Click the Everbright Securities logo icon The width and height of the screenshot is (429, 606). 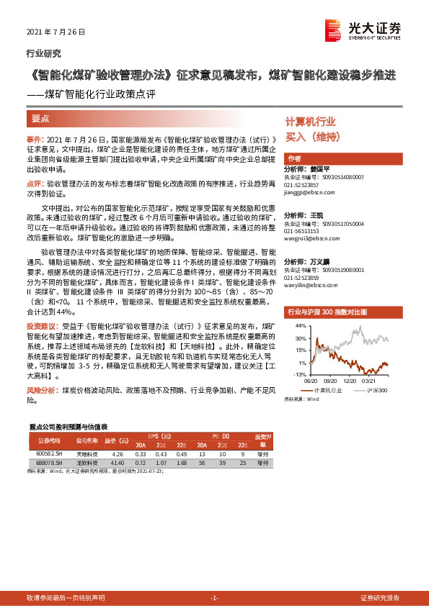pyautogui.click(x=333, y=30)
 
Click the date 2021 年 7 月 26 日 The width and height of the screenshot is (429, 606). pyautogui.click(x=56, y=32)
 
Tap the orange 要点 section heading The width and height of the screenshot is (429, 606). pyautogui.click(x=41, y=119)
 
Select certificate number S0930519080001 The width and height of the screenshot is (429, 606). pyautogui.click(x=333, y=270)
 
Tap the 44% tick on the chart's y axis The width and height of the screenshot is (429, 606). pyautogui.click(x=299, y=326)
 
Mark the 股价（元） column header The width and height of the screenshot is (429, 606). pyautogui.click(x=115, y=439)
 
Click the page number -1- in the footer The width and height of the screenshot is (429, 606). pyautogui.click(x=214, y=598)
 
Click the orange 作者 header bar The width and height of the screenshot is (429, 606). pyautogui.click(x=339, y=158)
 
